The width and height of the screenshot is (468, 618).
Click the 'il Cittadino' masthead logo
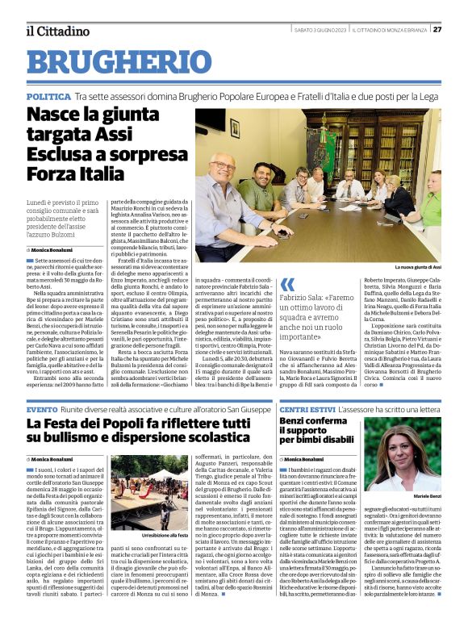tap(56, 31)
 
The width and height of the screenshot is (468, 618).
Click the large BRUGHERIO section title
tap(118, 63)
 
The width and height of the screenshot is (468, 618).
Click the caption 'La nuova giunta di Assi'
tap(416, 266)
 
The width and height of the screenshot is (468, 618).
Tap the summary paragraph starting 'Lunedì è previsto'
tap(63, 216)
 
